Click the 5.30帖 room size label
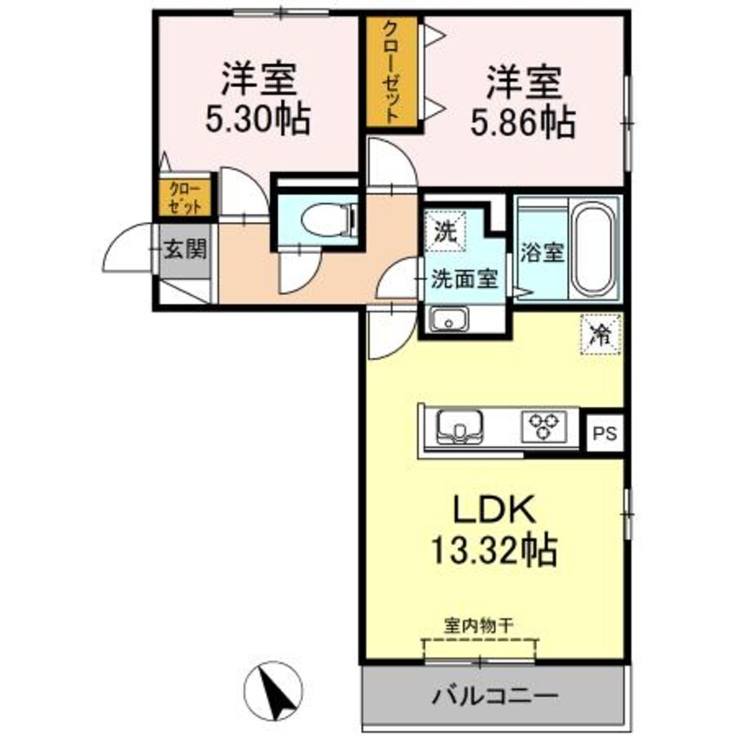click(257, 120)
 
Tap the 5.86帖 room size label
click(522, 124)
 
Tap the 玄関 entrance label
click(184, 251)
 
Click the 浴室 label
click(543, 252)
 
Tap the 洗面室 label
click(465, 278)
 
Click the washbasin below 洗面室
click(449, 321)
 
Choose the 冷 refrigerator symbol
click(600, 333)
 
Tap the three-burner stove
click(545, 426)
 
